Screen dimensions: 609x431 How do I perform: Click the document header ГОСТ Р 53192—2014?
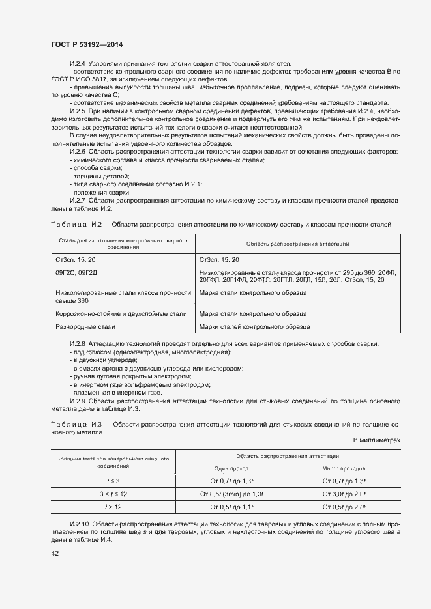click(87, 44)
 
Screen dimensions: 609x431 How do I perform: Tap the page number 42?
click(54, 553)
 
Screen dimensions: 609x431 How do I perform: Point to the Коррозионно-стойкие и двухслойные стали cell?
click(121, 313)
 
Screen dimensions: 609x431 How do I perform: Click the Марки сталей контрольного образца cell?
click(254, 326)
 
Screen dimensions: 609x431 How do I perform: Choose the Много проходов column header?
click(344, 468)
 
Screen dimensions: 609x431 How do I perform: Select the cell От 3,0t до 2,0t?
click(344, 493)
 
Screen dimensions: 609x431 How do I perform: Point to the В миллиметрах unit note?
click(377, 440)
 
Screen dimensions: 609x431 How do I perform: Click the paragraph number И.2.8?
click(78, 343)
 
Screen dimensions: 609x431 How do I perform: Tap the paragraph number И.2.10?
click(79, 524)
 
